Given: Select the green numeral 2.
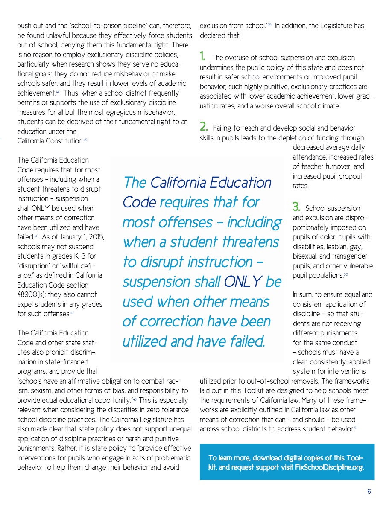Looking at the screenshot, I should [204, 127].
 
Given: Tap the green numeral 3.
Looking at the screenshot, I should [296, 207].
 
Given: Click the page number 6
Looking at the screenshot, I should [369, 491].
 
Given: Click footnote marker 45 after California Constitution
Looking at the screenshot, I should [85, 140].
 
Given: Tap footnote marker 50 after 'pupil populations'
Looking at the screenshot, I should [345, 275].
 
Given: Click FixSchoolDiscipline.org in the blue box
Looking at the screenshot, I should [330, 468].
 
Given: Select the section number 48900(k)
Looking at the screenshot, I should [34, 294].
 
